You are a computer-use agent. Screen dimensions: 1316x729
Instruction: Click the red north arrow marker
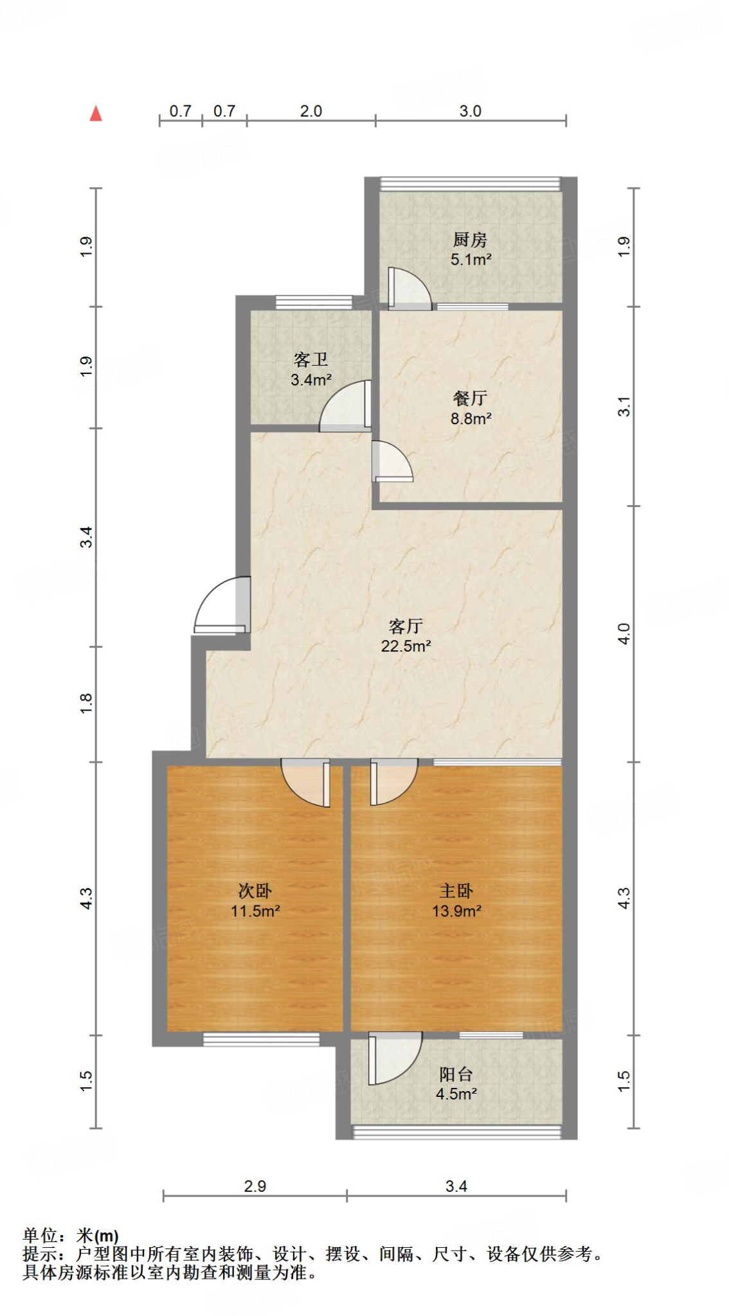pos(96,114)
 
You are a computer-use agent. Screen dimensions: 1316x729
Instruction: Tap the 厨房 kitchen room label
pos(470,240)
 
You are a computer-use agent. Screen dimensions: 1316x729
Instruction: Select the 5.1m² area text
pos(471,260)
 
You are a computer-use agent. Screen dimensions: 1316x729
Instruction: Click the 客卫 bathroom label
pos(310,359)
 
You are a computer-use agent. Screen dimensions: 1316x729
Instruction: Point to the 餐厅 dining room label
pos(470,398)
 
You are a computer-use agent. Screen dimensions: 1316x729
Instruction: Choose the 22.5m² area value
pos(406,646)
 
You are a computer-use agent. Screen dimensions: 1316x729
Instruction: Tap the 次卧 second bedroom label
pos(255,891)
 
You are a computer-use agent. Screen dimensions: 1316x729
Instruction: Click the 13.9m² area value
pos(456,911)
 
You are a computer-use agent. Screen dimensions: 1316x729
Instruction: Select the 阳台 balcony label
pos(456,1074)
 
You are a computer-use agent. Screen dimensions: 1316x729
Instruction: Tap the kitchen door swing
pos(409,290)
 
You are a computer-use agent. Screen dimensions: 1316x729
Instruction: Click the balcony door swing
pos(394,1057)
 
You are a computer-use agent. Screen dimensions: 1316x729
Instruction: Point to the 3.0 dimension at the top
pos(470,111)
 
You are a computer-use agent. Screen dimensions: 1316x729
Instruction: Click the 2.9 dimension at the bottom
pos(255,1186)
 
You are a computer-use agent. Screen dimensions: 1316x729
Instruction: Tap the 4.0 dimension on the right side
pos(624,634)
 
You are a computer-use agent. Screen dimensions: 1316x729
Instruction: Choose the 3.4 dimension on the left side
pos(86,537)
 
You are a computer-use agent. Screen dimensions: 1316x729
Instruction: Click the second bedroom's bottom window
pos(261,1039)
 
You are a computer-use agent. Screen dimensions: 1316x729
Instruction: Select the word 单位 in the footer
pos(40,1236)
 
